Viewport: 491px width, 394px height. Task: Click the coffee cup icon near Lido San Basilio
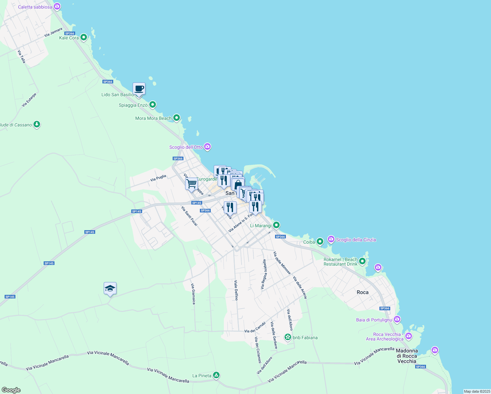(139, 89)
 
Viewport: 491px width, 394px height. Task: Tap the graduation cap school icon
(110, 289)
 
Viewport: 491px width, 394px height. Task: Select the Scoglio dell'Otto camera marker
(207, 147)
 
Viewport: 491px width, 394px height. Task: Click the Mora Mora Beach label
(153, 118)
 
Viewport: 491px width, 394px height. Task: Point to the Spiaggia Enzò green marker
(152, 105)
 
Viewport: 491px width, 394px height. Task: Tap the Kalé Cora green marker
(84, 37)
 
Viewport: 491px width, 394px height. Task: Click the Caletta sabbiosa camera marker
(57, 6)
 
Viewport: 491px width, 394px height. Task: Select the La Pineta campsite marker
(216, 375)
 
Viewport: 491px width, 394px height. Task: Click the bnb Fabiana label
(305, 338)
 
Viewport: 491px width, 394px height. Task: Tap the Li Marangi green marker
(276, 225)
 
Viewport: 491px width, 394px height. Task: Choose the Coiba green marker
(320, 242)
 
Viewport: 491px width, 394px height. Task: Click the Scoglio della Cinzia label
(356, 240)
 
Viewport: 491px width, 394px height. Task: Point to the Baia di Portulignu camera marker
(397, 319)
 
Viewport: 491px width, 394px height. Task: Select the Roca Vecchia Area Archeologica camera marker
(409, 336)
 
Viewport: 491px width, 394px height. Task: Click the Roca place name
(362, 292)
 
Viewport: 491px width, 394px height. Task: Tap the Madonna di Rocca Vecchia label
(407, 356)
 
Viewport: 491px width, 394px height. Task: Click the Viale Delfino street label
(236, 290)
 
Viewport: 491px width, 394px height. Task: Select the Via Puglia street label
(158, 178)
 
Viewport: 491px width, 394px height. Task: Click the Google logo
(11, 390)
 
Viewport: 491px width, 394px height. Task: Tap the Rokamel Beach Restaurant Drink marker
(362, 261)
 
